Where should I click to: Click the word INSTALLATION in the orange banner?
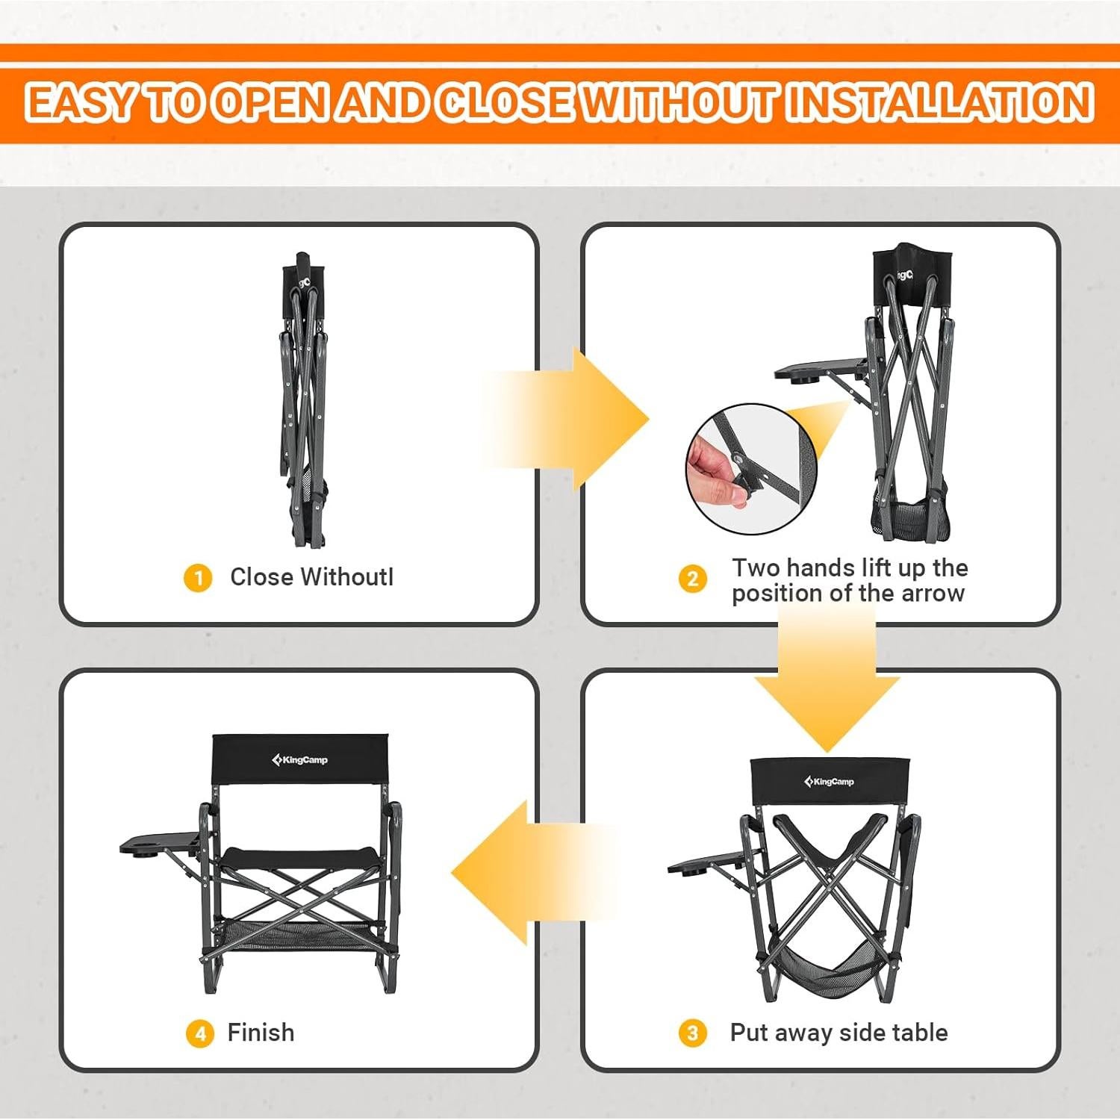click(x=939, y=102)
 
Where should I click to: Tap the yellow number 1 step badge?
click(x=198, y=578)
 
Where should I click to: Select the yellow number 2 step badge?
click(x=692, y=579)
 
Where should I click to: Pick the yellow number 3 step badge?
click(x=692, y=1033)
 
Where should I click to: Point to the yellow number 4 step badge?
click(x=199, y=1033)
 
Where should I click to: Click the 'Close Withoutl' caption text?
click(x=311, y=577)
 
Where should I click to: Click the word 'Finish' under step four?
click(x=261, y=1033)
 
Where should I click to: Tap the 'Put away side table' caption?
click(x=839, y=1033)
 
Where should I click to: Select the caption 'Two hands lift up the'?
click(x=850, y=568)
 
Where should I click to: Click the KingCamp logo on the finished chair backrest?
click(x=299, y=760)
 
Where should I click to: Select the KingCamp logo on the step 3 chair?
click(x=829, y=782)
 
